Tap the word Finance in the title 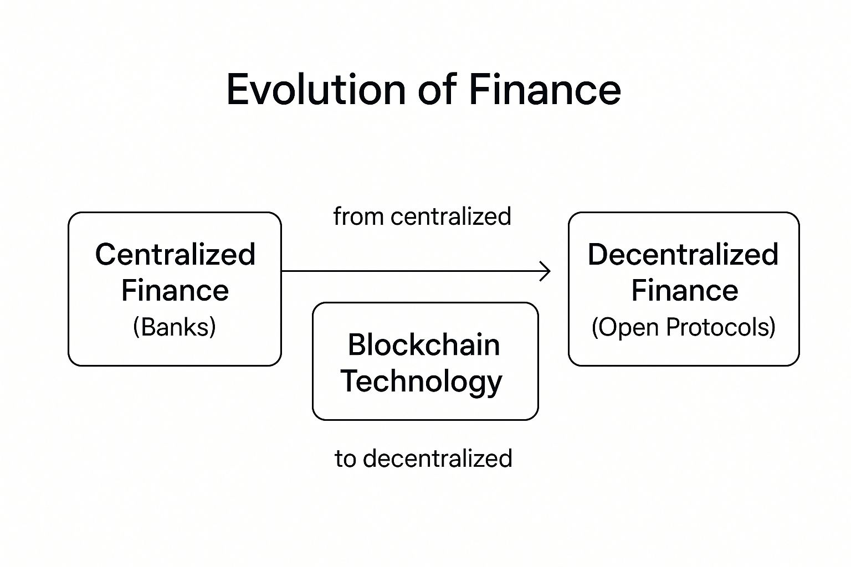545,89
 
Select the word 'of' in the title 437,89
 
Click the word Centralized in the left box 175,254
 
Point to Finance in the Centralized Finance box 175,291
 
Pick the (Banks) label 175,327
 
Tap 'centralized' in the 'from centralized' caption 450,217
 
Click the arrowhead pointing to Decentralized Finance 546,271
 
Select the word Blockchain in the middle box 424,345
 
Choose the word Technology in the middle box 422,382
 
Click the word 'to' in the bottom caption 345,458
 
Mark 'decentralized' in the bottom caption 438,458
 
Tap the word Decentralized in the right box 683,254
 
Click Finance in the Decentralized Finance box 685,291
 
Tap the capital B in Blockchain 357,345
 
